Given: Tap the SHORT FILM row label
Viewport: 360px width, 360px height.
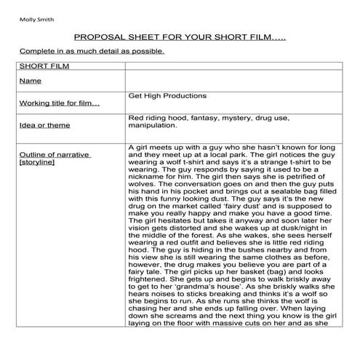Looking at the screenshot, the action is (40, 65).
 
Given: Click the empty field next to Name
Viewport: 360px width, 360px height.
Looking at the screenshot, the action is (233, 81).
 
